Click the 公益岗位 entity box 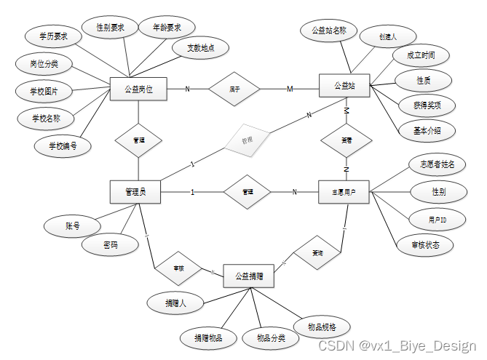pos(138,89)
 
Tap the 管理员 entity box pos(135,192)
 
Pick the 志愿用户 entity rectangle pos(345,192)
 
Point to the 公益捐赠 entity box pos(249,276)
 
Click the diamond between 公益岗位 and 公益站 pos(234,89)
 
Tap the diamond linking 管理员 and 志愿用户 pos(248,192)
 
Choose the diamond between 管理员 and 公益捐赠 pos(178,268)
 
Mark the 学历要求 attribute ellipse pos(53,35)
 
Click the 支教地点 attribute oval pos(200,48)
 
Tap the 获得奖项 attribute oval pos(424,105)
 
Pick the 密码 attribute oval pos(111,245)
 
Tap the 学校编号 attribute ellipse pos(64,145)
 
